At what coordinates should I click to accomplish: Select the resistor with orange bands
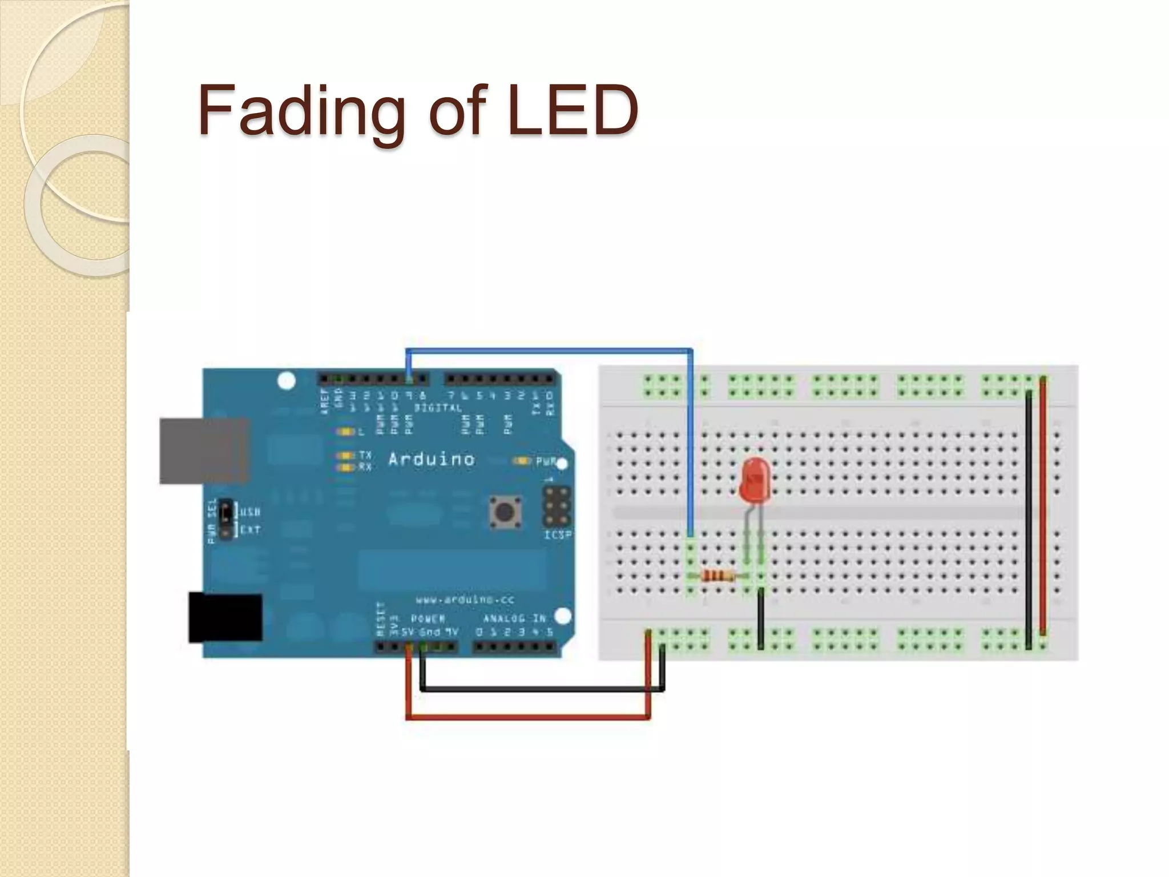(x=718, y=576)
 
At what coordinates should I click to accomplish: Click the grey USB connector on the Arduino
(x=204, y=451)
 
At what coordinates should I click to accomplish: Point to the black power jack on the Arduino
(x=225, y=617)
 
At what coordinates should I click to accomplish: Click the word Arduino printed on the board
(x=432, y=459)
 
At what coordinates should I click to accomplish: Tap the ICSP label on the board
(x=557, y=535)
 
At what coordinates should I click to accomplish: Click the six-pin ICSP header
(x=557, y=506)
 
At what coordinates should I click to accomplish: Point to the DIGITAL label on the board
(x=438, y=408)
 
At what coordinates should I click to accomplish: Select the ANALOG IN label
(x=514, y=618)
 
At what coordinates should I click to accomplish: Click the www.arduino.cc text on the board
(x=465, y=600)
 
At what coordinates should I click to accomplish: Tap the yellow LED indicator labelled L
(x=345, y=432)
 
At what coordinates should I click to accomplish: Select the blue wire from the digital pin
(x=548, y=350)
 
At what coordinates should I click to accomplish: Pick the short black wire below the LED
(x=760, y=619)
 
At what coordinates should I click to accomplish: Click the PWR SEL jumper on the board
(x=225, y=520)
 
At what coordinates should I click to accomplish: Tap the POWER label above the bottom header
(x=428, y=619)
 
